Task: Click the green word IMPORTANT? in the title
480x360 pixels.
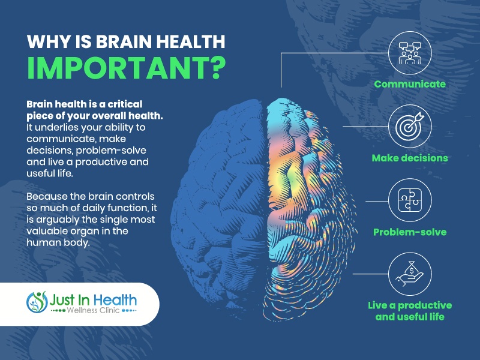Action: (126, 67)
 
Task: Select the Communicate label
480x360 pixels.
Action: (410, 84)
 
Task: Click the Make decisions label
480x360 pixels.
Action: (410, 158)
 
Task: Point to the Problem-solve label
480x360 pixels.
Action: (410, 232)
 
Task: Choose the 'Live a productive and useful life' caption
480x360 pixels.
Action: (410, 311)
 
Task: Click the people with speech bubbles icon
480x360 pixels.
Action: (410, 53)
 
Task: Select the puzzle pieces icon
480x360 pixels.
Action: (410, 200)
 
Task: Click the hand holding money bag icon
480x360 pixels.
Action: (410, 274)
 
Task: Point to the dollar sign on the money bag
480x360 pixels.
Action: (412, 271)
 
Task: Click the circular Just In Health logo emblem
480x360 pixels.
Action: (37, 302)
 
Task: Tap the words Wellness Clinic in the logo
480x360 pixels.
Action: (93, 310)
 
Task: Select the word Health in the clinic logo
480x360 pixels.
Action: (115, 300)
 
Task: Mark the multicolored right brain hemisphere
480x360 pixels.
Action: (309, 208)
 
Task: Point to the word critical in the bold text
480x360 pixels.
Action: (125, 104)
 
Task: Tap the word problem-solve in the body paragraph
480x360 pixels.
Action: (111, 151)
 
